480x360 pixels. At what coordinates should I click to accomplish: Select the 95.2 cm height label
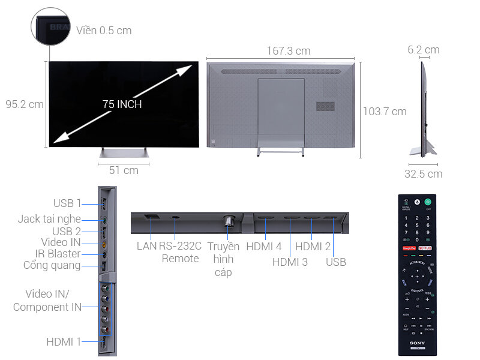click(25, 104)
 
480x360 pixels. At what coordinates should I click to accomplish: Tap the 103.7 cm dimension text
click(385, 111)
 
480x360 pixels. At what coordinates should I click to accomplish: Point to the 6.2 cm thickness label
click(424, 50)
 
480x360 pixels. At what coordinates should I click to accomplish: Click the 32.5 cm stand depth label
click(424, 174)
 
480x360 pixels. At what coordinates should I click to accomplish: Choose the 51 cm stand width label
click(124, 170)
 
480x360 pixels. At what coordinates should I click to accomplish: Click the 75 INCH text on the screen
click(122, 104)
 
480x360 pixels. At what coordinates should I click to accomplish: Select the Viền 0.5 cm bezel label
click(104, 30)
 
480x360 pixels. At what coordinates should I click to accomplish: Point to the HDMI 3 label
click(290, 262)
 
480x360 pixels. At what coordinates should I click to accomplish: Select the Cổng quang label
click(52, 265)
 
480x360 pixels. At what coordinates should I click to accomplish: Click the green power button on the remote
click(428, 202)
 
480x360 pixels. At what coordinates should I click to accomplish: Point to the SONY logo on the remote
click(418, 343)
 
